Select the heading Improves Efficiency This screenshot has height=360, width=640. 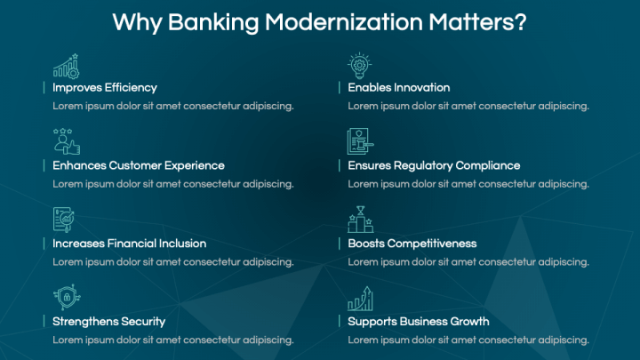pyautogui.click(x=105, y=87)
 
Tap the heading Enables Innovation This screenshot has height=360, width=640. pyautogui.click(x=398, y=87)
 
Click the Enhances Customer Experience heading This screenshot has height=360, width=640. pyautogui.click(x=138, y=165)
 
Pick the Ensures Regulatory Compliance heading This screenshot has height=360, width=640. pyautogui.click(x=434, y=165)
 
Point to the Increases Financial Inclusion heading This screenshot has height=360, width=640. pyautogui.click(x=129, y=243)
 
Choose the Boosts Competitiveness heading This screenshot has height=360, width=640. pyautogui.click(x=412, y=243)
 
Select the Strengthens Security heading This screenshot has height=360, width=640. pyautogui.click(x=108, y=321)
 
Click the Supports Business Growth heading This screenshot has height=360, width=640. pyautogui.click(x=418, y=321)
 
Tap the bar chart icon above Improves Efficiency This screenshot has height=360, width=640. pyautogui.click(x=66, y=66)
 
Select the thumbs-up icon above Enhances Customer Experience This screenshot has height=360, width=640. pyautogui.click(x=66, y=142)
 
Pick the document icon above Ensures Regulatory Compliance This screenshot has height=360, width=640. pyautogui.click(x=359, y=142)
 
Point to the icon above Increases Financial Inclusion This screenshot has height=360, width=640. pyautogui.click(x=64, y=220)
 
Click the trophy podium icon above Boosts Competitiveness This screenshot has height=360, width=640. pyautogui.click(x=359, y=220)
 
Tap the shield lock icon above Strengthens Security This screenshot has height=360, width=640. pyautogui.click(x=64, y=298)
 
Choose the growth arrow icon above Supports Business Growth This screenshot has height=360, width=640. pyautogui.click(x=359, y=298)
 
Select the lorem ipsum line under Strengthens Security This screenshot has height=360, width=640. pyautogui.click(x=173, y=340)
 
